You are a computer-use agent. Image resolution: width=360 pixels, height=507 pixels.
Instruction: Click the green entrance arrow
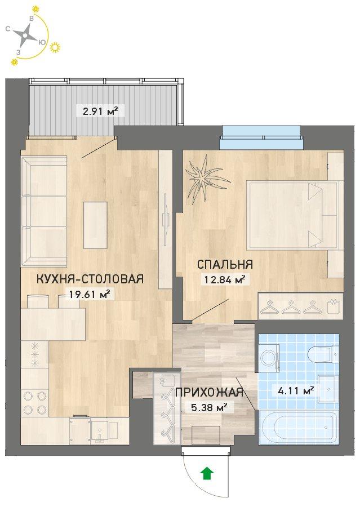[x=207, y=474]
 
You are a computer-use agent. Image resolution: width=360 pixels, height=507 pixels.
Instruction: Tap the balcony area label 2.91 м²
[x=100, y=112]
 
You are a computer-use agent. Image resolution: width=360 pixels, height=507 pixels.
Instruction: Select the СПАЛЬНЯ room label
[x=225, y=264]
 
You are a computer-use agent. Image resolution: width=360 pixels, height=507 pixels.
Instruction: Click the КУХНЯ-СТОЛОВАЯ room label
[x=90, y=279]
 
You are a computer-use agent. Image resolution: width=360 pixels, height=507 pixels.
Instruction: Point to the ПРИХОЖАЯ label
[x=209, y=392]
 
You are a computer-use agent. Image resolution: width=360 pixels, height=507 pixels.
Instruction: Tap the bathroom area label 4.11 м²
[x=296, y=392]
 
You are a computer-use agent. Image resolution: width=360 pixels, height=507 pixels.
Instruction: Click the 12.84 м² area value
[x=225, y=279]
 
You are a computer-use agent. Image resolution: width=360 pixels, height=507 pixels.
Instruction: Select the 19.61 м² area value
[x=90, y=293]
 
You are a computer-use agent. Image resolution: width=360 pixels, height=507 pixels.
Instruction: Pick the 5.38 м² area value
[x=208, y=407]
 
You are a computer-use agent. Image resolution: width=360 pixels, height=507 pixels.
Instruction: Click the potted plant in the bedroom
[x=207, y=178]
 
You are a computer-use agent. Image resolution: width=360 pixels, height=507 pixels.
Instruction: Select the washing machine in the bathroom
[x=269, y=357]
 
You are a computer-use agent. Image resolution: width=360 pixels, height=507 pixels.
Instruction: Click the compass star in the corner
[x=25, y=35]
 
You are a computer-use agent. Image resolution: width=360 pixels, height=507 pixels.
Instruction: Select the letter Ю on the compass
[x=42, y=42]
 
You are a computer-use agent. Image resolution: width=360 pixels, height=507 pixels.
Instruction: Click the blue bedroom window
[x=261, y=138]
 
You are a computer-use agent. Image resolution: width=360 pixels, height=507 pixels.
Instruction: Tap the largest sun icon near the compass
[x=55, y=47]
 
